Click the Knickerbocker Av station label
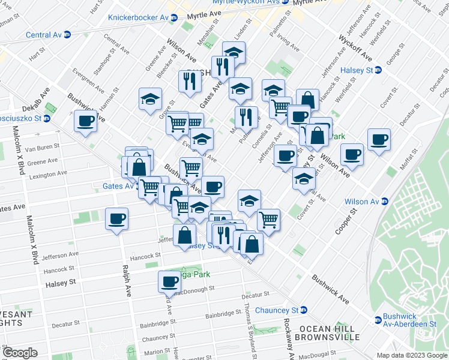click(x=137, y=17)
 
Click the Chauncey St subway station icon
click(x=304, y=310)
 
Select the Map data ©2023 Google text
click(x=411, y=355)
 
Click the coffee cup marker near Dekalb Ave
click(x=86, y=122)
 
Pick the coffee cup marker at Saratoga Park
click(x=170, y=281)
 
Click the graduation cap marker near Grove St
click(x=151, y=99)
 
